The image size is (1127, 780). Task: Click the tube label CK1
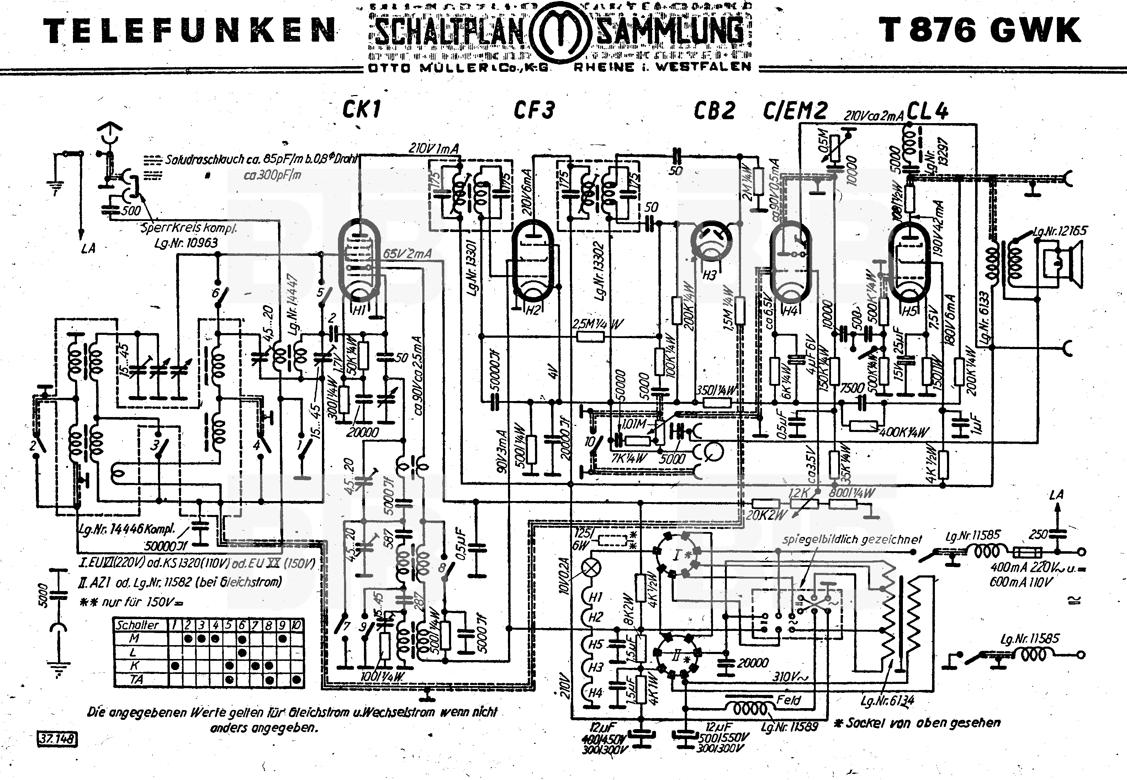pyautogui.click(x=361, y=110)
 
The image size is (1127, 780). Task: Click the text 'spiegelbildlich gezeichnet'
pyautogui.click(x=852, y=539)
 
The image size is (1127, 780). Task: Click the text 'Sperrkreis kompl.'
pyautogui.click(x=189, y=228)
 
